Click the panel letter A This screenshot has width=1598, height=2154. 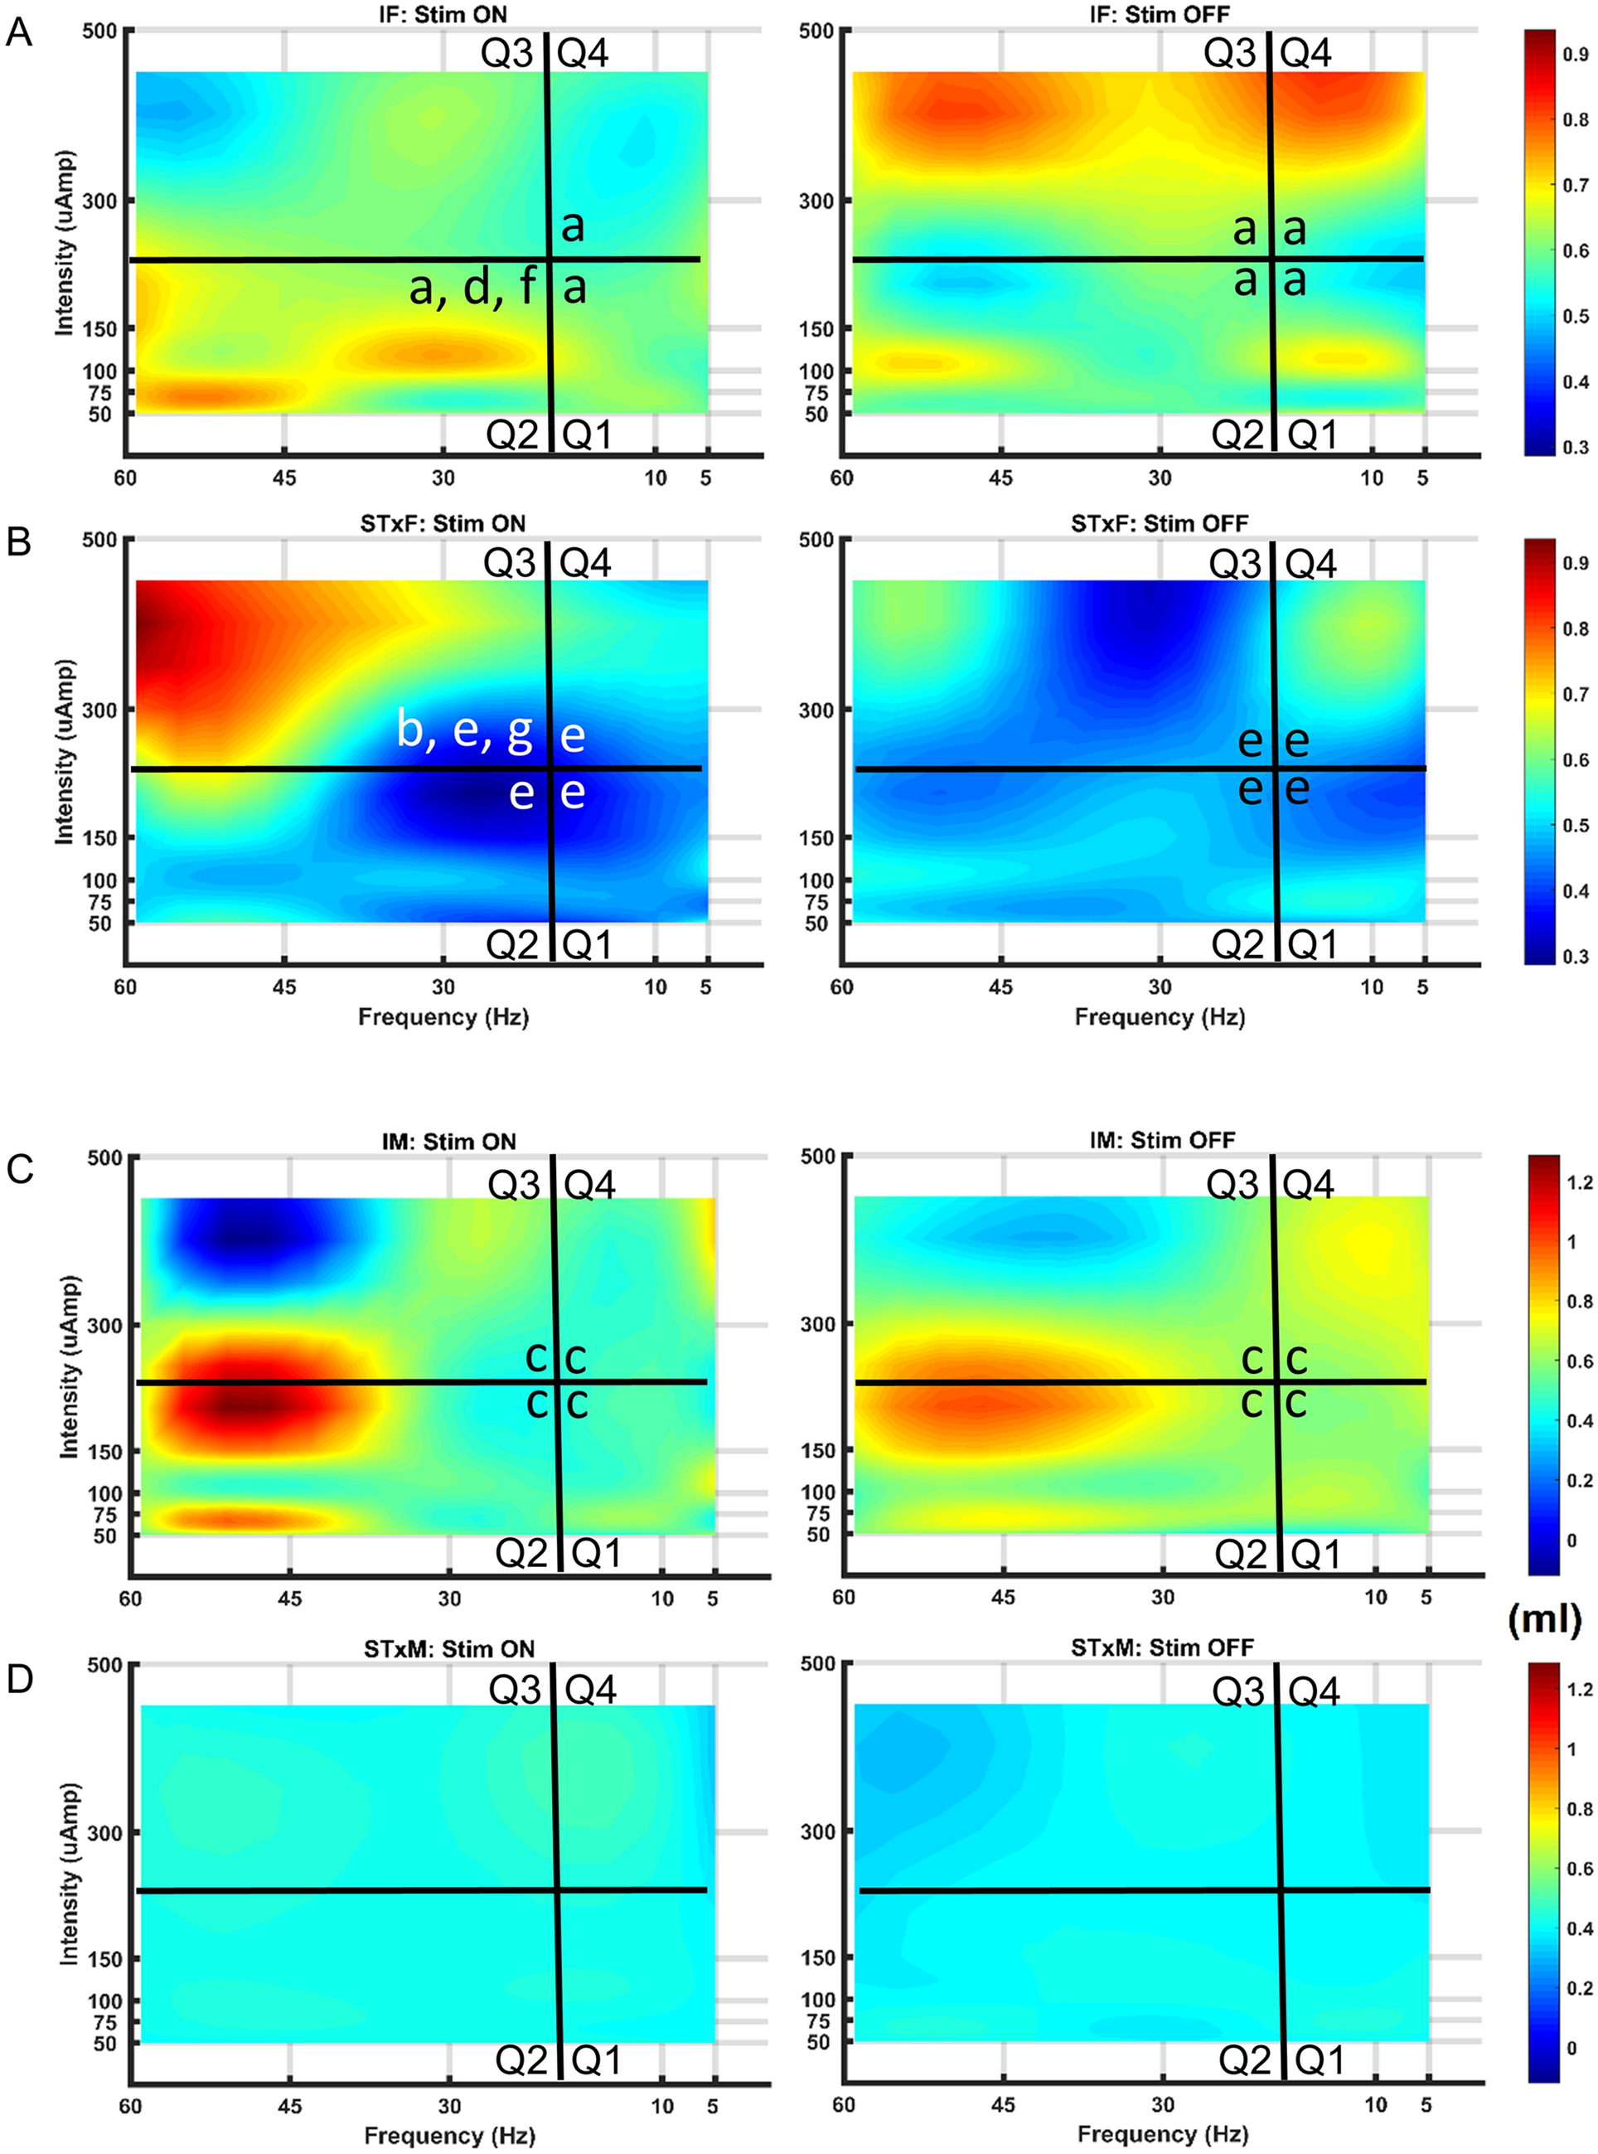pyautogui.click(x=19, y=33)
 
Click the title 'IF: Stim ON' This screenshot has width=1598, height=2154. pyautogui.click(x=443, y=13)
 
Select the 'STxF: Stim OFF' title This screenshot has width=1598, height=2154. pyautogui.click(x=1159, y=523)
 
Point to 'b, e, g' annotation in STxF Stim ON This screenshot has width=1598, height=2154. pyautogui.click(x=464, y=730)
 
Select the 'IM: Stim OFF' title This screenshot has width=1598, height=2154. pyautogui.click(x=1162, y=1140)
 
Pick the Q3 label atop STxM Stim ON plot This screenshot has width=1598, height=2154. pyautogui.click(x=515, y=1690)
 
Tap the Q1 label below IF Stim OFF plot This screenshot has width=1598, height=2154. pyautogui.click(x=1313, y=435)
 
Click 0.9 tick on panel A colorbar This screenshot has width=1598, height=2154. pyautogui.click(x=1575, y=56)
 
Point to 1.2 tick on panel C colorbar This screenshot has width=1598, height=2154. pyautogui.click(x=1579, y=1182)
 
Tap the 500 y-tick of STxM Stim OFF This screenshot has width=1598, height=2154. pyautogui.click(x=817, y=1663)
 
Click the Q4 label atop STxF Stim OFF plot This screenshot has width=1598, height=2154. pyautogui.click(x=1310, y=563)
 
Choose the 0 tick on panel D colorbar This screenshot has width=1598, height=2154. pyautogui.click(x=1571, y=2048)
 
